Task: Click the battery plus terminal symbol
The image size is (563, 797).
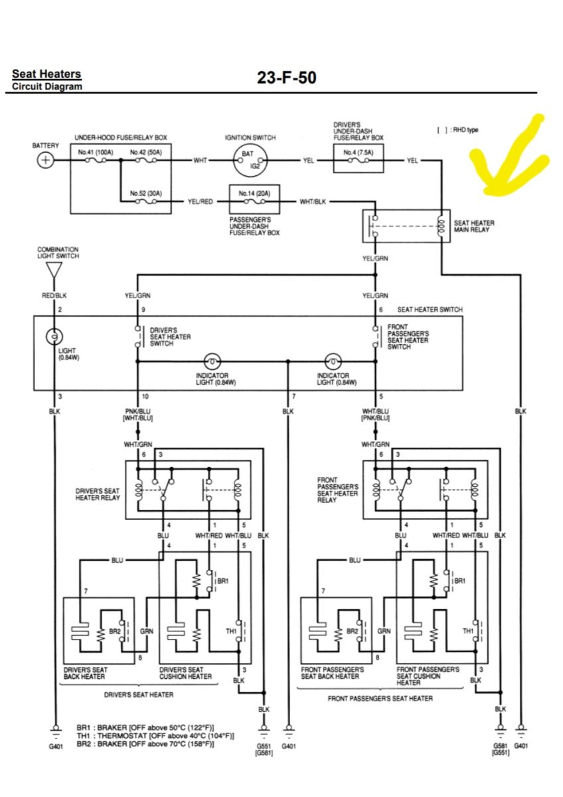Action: (x=46, y=160)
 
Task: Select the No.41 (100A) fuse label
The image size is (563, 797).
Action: (x=96, y=152)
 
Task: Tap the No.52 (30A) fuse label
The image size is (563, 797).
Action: (x=146, y=193)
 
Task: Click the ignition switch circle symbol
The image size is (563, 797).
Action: (x=250, y=161)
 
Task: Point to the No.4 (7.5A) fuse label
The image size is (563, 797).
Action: (x=359, y=152)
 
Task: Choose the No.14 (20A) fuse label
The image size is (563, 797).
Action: (x=254, y=193)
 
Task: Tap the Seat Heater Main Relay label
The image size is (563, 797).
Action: (x=474, y=226)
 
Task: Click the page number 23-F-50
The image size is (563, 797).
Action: (x=287, y=78)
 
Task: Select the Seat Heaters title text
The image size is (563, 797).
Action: (x=46, y=74)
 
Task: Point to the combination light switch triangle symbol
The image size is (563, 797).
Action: (x=54, y=270)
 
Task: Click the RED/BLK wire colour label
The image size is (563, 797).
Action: (x=54, y=296)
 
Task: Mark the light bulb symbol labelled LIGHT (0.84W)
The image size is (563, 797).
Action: (x=54, y=336)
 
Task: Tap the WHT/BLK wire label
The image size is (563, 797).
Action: (x=313, y=201)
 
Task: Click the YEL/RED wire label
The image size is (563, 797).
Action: (x=201, y=201)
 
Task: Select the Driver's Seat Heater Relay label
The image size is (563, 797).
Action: (x=98, y=494)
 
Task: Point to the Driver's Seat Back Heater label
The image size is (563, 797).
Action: (x=86, y=673)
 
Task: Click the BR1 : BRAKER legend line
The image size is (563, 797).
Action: (x=145, y=727)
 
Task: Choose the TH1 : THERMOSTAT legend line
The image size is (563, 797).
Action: (x=155, y=735)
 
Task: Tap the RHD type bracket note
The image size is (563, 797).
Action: (x=457, y=130)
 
